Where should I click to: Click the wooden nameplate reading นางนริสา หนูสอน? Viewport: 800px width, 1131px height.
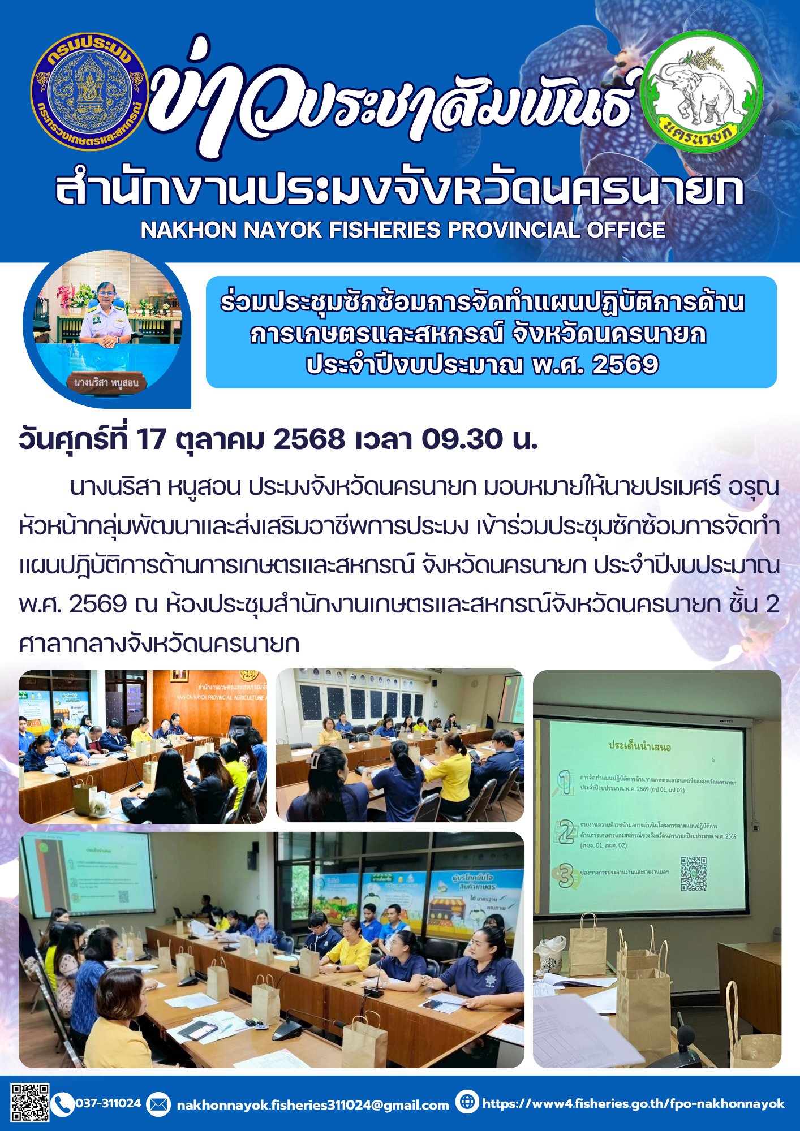106,383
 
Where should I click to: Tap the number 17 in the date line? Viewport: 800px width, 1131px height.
151,439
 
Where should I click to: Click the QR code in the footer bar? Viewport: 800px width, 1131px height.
30,1102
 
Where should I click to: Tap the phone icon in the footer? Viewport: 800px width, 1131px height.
63,1103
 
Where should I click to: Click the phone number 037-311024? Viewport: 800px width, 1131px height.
108,1103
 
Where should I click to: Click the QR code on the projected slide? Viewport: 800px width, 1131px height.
693,874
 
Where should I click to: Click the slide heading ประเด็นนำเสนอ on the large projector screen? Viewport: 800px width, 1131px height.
639,746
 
